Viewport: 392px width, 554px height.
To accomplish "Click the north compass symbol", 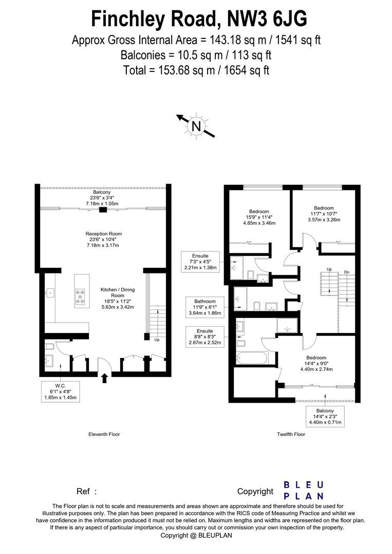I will tap(196, 126).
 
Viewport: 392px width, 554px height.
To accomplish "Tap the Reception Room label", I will tap(103, 240).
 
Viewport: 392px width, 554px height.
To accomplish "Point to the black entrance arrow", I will tap(105, 379).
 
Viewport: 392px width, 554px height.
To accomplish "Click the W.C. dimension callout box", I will tap(61, 391).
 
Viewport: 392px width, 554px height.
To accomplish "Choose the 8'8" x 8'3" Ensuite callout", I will tap(206, 338).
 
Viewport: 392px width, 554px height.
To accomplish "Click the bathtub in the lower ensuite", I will tap(251, 358).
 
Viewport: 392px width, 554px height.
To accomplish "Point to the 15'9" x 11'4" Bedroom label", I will tap(259, 217).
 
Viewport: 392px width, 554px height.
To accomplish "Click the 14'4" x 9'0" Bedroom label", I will tap(316, 363).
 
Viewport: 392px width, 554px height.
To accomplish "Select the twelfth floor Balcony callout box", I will tap(325, 417).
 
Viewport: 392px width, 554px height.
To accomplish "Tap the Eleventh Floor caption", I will tap(104, 434).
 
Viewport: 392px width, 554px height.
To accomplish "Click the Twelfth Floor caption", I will tap(291, 434).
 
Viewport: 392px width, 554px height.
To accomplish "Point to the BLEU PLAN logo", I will tap(304, 490).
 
